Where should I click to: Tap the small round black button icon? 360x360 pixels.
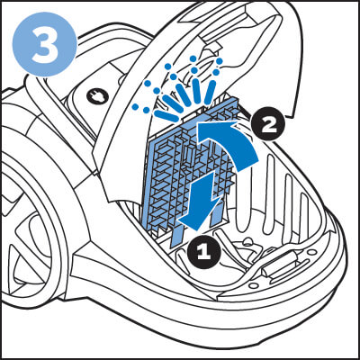96,95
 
